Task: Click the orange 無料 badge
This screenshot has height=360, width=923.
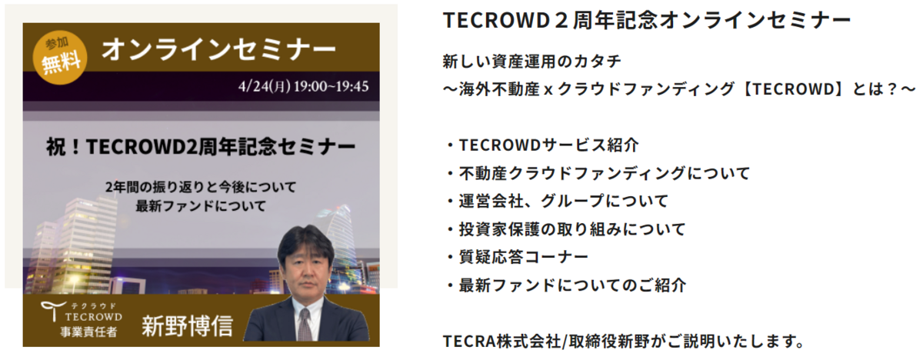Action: (60, 58)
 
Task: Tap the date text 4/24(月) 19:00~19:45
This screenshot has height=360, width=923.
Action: (303, 86)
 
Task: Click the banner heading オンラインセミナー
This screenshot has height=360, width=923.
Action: (218, 50)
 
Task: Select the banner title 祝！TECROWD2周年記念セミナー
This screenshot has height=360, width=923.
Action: (201, 147)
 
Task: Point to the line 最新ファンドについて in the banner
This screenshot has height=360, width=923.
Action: (201, 206)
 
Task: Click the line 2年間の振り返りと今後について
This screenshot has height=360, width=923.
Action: (201, 187)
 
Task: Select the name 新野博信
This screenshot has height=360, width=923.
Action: (188, 325)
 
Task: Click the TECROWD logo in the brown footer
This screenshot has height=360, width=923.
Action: (82, 312)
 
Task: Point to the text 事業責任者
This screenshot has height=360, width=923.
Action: (88, 332)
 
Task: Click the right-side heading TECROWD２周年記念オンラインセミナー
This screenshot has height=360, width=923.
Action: (647, 20)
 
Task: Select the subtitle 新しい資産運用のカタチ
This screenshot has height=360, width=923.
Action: (532, 62)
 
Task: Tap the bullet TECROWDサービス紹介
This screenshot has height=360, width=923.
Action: (548, 145)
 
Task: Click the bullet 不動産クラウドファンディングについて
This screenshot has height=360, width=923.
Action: (604, 173)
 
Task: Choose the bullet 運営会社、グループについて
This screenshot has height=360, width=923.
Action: (563, 201)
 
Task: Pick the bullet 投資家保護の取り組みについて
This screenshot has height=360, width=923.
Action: (572, 229)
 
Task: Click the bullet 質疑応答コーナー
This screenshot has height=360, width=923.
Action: (523, 257)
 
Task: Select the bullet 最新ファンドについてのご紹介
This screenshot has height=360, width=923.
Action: (572, 285)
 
